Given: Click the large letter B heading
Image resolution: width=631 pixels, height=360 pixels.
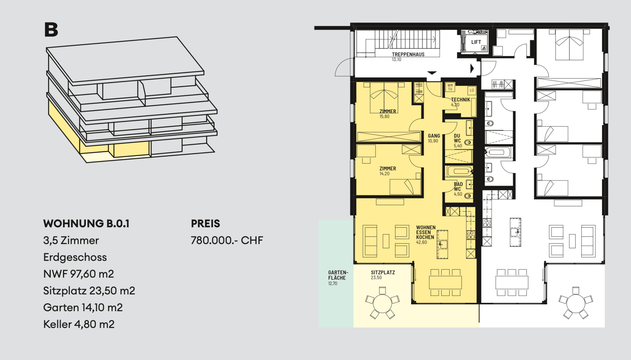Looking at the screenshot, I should click(x=51, y=30).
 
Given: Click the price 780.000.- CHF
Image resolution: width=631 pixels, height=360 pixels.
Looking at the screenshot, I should click(x=227, y=241).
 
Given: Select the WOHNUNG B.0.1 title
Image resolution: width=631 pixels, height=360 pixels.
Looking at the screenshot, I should click(x=86, y=224).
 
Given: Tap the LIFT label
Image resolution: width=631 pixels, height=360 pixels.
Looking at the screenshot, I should click(x=476, y=42).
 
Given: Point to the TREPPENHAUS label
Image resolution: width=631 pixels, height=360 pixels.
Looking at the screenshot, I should click(x=408, y=55).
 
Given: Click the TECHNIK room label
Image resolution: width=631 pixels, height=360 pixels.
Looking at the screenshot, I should click(x=460, y=100).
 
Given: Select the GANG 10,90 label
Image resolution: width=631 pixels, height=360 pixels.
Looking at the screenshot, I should click(x=434, y=138).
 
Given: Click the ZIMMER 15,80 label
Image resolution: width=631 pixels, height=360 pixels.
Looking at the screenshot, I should click(x=387, y=114).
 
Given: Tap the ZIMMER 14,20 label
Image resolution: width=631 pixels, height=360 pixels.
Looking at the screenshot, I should click(x=387, y=170).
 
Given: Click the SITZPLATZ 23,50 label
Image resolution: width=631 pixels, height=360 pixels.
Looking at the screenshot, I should click(x=382, y=275).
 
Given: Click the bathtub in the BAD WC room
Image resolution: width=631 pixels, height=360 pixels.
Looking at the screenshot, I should click(x=459, y=171).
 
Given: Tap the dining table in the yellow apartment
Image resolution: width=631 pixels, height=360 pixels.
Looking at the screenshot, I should click(x=445, y=282).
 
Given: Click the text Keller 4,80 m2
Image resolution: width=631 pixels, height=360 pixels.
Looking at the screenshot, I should click(x=79, y=324).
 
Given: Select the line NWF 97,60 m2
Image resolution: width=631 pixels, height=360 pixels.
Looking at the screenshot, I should click(x=78, y=274).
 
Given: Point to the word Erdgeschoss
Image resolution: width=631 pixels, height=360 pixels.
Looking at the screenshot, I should click(x=75, y=257).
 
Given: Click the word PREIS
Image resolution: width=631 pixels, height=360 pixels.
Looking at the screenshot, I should click(x=205, y=224).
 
